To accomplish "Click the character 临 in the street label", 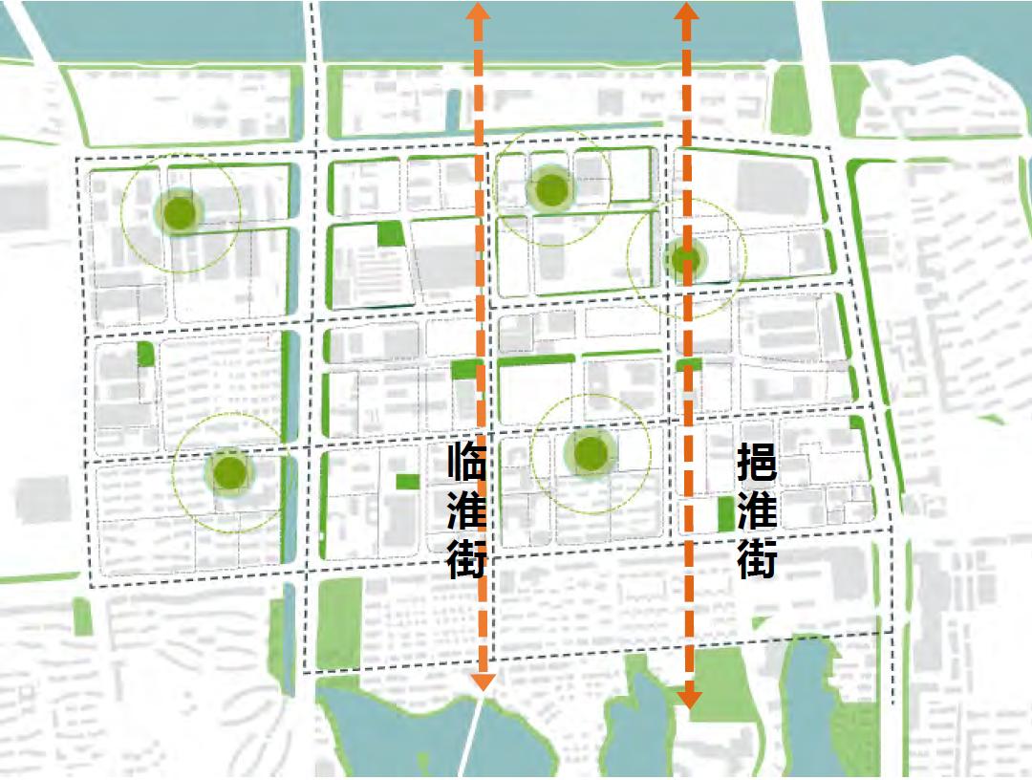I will (467, 464).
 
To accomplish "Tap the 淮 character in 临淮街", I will (467, 510).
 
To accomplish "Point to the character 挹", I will (757, 464).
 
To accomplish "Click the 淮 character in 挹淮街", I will (757, 510).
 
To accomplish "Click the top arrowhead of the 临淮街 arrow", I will (479, 12).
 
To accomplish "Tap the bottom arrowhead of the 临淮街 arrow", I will (484, 680).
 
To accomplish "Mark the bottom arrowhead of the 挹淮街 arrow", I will (689, 699).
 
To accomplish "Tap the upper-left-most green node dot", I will (179, 212).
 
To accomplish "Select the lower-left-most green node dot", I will (229, 471).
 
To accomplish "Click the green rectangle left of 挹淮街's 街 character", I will (725, 514).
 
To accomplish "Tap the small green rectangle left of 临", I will (407, 482).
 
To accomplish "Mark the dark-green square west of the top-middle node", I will (390, 233).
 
